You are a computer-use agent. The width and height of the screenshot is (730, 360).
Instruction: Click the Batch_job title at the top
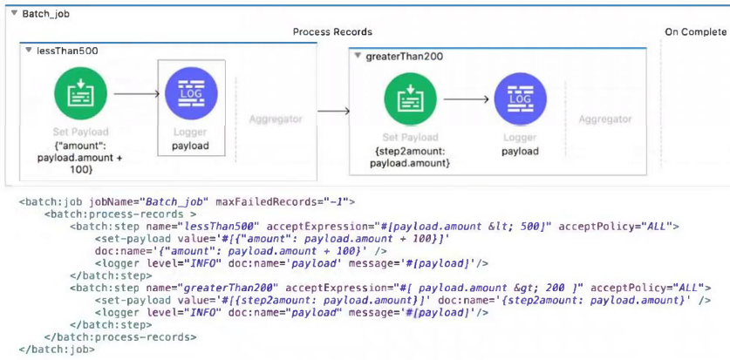point(45,15)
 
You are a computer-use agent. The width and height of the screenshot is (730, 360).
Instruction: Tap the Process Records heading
point(332,32)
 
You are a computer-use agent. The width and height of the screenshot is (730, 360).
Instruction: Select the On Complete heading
point(695,32)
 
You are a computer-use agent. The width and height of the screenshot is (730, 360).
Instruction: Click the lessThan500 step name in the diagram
point(67,51)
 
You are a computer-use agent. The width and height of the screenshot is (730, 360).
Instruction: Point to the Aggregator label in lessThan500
point(276,119)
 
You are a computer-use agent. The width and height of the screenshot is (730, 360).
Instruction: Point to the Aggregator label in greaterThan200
point(605,119)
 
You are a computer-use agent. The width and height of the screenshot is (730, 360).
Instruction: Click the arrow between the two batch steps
point(333,111)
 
